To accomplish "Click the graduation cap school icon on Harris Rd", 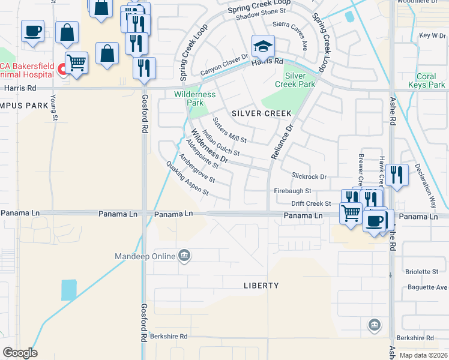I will tap(262, 46).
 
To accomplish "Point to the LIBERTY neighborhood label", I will tap(261, 286).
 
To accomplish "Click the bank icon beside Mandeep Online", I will tap(184, 256).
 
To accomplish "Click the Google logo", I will tap(20, 352).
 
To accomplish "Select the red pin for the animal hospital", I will tap(62, 71).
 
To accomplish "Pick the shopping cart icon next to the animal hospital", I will tap(76, 62).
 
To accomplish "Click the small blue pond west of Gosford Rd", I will tap(69, 290).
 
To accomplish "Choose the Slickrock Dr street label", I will tap(309, 176).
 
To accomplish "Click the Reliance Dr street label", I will tap(281, 142).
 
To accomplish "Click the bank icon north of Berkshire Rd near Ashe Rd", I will tap(375, 325).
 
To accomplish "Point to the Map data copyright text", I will tap(423, 355).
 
